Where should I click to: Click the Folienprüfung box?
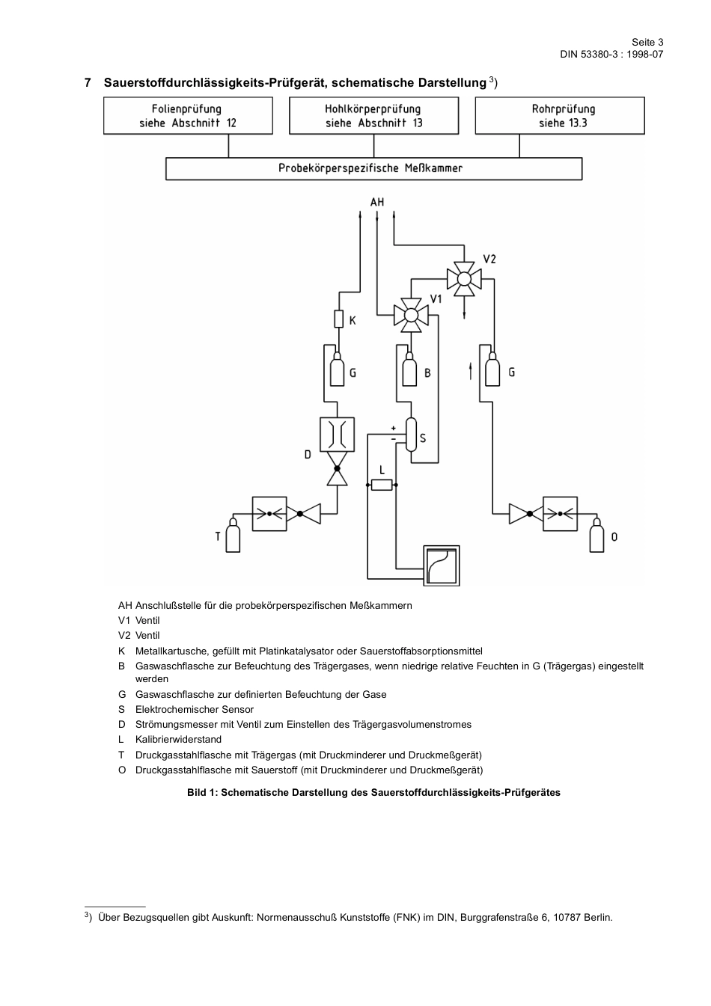coord(188,116)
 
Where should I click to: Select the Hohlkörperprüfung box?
coord(373,116)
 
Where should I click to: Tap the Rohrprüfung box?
coord(560,116)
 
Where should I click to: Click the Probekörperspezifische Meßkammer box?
coord(373,168)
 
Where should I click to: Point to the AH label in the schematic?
coord(377,202)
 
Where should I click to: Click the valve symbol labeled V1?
coord(410,314)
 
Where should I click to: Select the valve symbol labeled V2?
coord(464,278)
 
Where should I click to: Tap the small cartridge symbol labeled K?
coord(338,319)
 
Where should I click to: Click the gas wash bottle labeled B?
coord(409,371)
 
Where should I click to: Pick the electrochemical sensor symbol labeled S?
coord(411,435)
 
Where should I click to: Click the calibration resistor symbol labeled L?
coord(382,485)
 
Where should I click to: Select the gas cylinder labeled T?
coord(233,536)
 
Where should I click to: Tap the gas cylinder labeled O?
coord(596,536)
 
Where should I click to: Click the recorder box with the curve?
coord(441,565)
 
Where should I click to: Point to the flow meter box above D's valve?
coord(337,435)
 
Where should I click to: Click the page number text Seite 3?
coord(647,43)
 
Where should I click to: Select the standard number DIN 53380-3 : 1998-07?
coord(611,55)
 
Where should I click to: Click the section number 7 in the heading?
coord(88,82)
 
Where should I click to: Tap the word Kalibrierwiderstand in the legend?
coord(178,739)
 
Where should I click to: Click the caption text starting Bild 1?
coord(373,793)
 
